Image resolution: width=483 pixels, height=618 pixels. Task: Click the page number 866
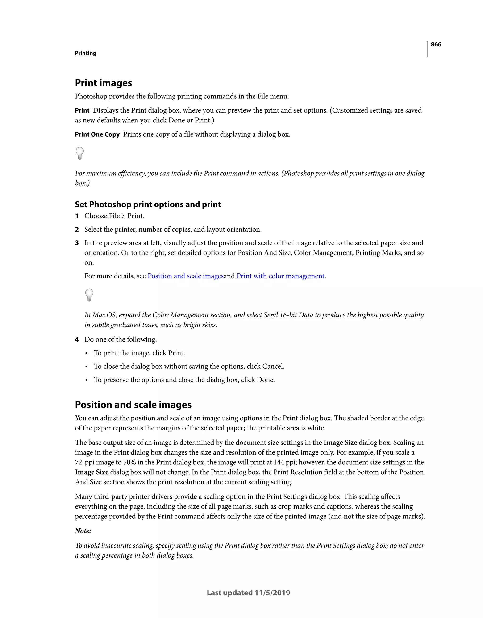click(436, 44)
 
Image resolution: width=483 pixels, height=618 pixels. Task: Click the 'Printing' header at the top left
click(85, 53)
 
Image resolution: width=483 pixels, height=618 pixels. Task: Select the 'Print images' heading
click(103, 83)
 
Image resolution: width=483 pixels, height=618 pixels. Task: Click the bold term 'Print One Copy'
click(97, 134)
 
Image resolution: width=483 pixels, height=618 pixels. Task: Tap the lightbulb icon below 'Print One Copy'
click(80, 153)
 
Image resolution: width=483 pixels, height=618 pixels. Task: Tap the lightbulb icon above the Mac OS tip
click(89, 295)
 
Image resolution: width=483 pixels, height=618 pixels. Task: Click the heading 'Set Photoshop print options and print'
click(148, 204)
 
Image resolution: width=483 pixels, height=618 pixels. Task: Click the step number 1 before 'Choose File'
click(77, 216)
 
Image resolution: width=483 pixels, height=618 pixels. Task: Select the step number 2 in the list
click(77, 230)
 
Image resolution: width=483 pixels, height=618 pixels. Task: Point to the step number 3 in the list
click(77, 243)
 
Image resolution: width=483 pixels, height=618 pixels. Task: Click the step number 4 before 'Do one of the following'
click(77, 340)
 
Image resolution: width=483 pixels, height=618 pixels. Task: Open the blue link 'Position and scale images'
click(185, 276)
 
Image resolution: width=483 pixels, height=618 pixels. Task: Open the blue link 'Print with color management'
click(280, 276)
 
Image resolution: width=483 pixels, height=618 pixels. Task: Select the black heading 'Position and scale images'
click(133, 405)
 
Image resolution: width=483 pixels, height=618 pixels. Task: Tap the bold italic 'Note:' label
click(83, 531)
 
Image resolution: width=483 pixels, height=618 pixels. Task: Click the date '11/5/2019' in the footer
click(272, 593)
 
